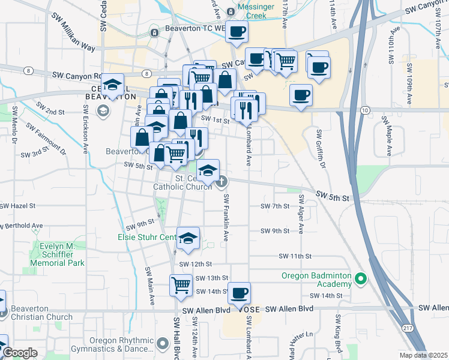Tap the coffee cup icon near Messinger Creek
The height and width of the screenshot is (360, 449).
click(x=237, y=31)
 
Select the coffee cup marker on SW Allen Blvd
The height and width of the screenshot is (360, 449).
click(x=239, y=293)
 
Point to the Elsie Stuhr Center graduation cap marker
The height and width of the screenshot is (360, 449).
click(x=188, y=239)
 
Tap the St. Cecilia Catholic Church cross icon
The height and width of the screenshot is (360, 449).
click(x=221, y=181)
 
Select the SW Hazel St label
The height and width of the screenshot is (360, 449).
click(x=19, y=205)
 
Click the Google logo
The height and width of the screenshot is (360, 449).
click(x=20, y=353)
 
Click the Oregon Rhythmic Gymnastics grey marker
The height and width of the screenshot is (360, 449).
click(x=163, y=344)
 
